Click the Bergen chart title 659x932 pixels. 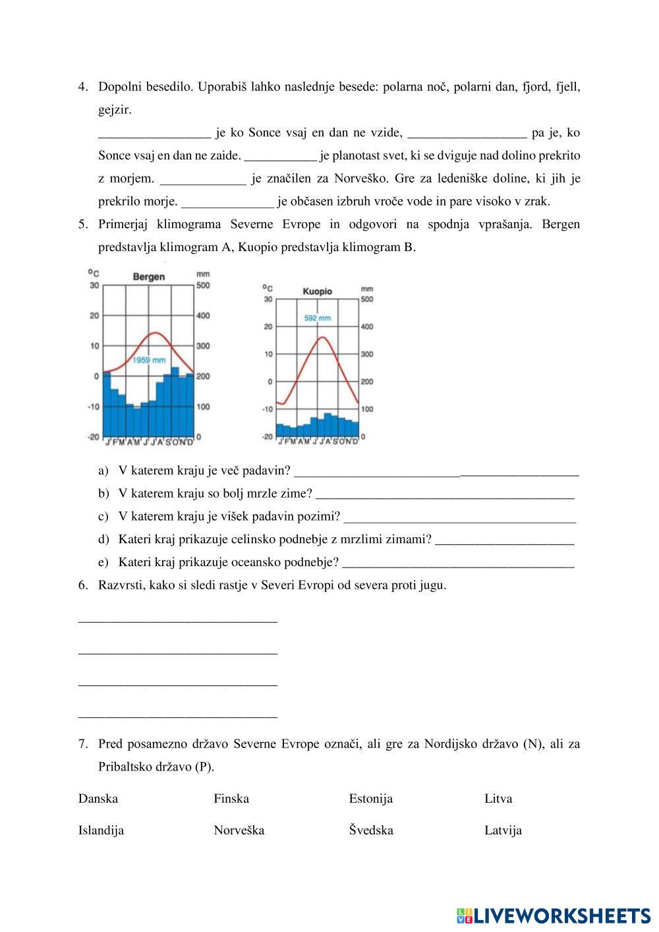[x=148, y=277]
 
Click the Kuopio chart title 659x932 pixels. [x=317, y=291]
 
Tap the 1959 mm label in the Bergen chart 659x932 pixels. [x=149, y=361]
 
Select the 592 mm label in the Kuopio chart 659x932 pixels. [x=317, y=318]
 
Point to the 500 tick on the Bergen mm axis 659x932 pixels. [x=203, y=285]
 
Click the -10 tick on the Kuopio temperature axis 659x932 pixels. [x=267, y=409]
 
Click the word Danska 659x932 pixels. [x=98, y=799]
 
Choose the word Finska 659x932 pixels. [x=231, y=799]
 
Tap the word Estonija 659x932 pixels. [x=371, y=799]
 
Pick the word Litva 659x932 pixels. [x=498, y=799]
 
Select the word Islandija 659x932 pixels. [x=101, y=830]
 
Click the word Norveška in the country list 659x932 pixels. [x=239, y=830]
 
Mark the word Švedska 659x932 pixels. [x=371, y=830]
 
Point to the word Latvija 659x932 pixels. [x=503, y=830]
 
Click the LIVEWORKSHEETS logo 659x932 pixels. [x=554, y=916]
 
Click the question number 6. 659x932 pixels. [x=82, y=585]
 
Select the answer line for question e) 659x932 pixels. [x=459, y=564]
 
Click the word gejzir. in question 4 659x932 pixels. [x=115, y=110]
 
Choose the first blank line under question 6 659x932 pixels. [x=178, y=620]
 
